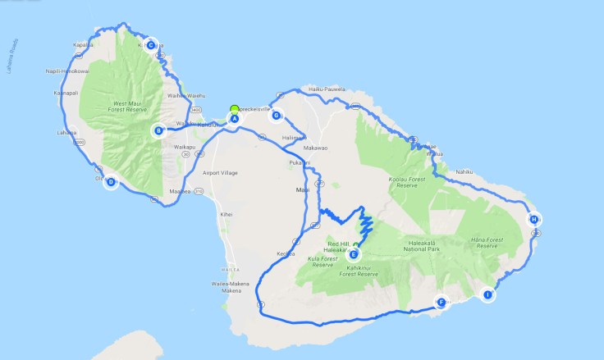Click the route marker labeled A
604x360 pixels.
point(234,118)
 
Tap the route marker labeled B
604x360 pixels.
point(158,129)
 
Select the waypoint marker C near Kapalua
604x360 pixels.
point(151,45)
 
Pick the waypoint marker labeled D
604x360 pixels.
point(111,183)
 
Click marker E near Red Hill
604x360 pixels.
point(353,254)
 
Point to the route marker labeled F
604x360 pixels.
point(442,302)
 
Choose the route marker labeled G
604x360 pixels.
point(277,116)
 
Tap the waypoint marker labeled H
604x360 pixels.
point(533,219)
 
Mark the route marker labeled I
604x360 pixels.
point(488,294)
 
